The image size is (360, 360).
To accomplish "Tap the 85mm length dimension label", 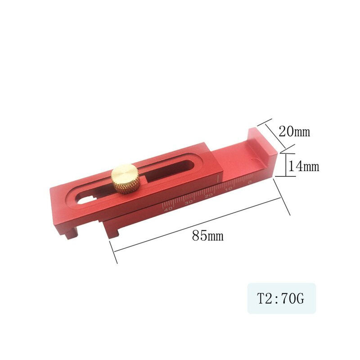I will pyautogui.click(x=207, y=235).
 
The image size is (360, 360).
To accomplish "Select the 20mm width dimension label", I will pyautogui.click(x=294, y=131).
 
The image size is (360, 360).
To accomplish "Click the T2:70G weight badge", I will pyautogui.click(x=281, y=298).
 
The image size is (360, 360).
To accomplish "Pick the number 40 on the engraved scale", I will pyautogui.click(x=168, y=209).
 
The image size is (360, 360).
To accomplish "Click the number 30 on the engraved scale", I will pyautogui.click(x=189, y=202).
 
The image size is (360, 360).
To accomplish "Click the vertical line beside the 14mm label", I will pyautogui.click(x=284, y=165).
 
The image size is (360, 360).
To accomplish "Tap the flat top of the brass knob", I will pyautogui.click(x=125, y=172).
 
